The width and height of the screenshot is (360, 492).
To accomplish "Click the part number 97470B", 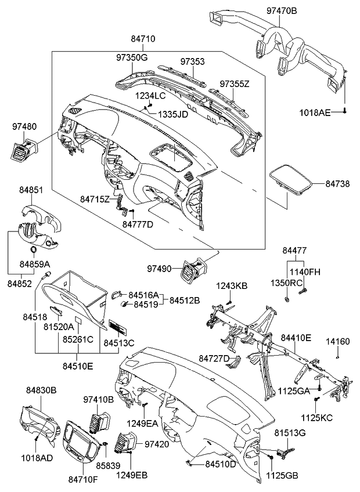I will [x=282, y=10].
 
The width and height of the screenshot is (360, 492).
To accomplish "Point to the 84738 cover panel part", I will [x=292, y=179].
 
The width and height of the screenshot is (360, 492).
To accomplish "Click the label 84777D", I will [x=138, y=224].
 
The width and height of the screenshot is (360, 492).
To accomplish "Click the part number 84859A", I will [x=35, y=264].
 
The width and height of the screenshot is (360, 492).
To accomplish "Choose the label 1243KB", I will [x=232, y=285].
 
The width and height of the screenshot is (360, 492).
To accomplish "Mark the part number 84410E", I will [x=296, y=337].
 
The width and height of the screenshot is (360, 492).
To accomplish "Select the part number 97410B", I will [x=98, y=400].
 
